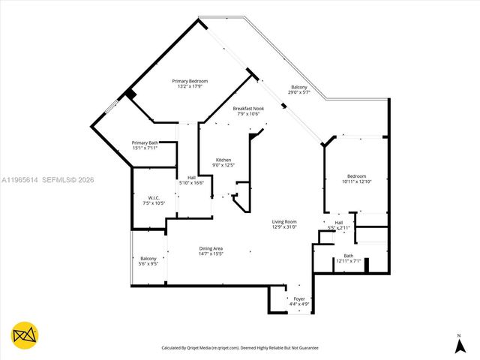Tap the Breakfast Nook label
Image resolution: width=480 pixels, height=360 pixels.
tap(248, 109)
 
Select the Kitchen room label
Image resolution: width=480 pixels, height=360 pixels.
tap(223, 160)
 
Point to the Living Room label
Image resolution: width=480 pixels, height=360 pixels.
tap(284, 221)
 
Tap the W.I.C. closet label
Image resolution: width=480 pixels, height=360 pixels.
tap(146, 199)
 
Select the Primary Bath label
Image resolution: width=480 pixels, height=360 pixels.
tap(145, 142)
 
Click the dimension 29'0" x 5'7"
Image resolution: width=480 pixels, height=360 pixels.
tap(300, 92)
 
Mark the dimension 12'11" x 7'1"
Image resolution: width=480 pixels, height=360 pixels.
tap(349, 261)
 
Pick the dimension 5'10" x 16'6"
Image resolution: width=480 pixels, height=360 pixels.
tap(191, 183)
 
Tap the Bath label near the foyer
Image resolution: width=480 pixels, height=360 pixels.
tap(349, 256)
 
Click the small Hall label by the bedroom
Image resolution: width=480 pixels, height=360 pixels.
tap(338, 222)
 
